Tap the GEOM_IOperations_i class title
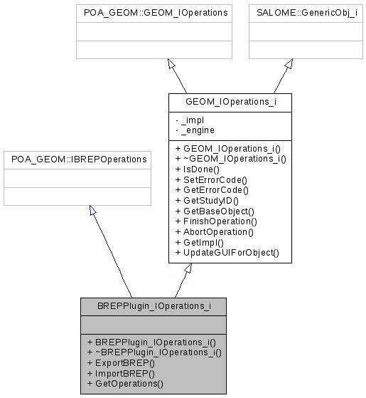pyautogui.click(x=230, y=103)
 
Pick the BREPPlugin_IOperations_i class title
pyautogui.click(x=153, y=307)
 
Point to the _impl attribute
pyautogui.click(x=188, y=120)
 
